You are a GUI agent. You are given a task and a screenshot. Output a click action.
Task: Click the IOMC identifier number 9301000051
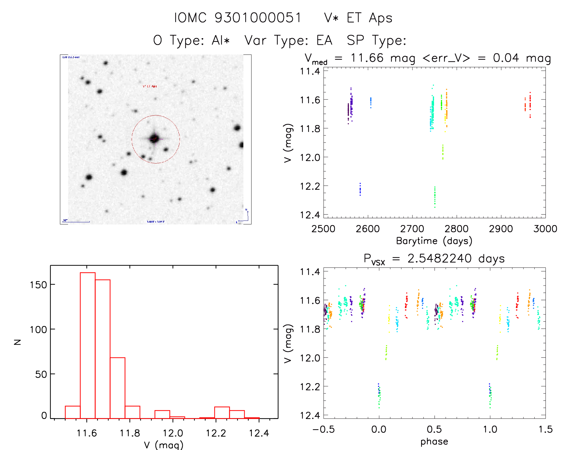258,18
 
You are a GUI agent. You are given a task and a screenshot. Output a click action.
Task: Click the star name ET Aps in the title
369,18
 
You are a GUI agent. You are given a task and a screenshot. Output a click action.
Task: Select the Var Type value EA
324,40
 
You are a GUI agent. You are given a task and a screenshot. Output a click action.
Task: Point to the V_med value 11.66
367,58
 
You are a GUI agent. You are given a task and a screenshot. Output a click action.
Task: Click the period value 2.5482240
439,258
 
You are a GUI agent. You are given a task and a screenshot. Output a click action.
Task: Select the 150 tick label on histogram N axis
38,285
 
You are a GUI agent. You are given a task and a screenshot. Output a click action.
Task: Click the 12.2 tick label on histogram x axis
216,433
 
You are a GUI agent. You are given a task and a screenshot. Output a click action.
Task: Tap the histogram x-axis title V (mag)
163,445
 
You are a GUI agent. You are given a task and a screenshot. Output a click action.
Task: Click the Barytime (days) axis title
434,241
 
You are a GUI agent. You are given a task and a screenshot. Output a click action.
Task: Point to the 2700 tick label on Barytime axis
412,229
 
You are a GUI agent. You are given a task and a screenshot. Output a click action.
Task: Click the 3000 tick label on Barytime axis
545,229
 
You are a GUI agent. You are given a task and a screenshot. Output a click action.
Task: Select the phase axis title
434,442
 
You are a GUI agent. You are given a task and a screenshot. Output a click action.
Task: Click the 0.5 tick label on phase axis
434,429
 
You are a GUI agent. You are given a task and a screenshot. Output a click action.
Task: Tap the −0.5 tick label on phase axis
323,429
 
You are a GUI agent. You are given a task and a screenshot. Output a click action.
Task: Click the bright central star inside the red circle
155,139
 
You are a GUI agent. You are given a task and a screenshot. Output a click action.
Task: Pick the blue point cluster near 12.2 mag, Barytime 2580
360,189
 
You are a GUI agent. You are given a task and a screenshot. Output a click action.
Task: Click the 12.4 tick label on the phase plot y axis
310,415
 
